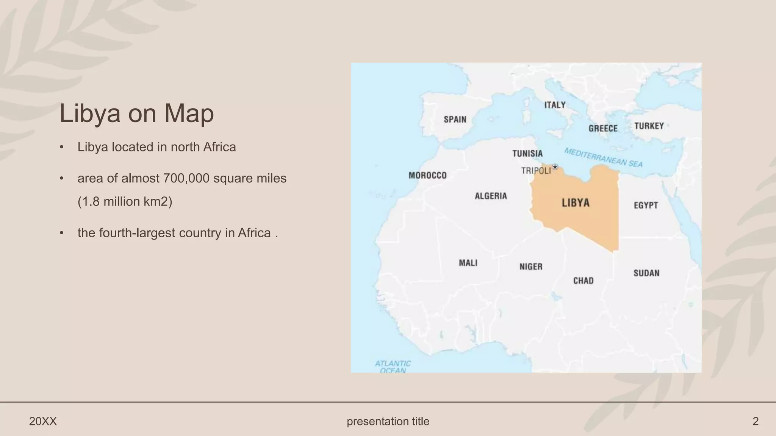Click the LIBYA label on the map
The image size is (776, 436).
[x=576, y=203]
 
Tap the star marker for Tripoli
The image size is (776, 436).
[x=555, y=167]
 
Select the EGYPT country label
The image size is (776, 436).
[x=646, y=205]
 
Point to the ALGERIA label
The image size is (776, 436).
[x=491, y=196]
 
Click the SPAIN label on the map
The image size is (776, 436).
[x=455, y=120]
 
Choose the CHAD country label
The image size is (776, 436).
[x=583, y=281]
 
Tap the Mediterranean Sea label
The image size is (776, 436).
[x=603, y=157]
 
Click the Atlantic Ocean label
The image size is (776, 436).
[x=393, y=367]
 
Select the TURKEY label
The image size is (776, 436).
[x=649, y=126]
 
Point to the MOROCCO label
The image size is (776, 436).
[x=427, y=176]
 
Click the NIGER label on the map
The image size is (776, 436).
[x=531, y=267]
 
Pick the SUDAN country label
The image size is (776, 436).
[x=646, y=273]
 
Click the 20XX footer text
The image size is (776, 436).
[x=43, y=421]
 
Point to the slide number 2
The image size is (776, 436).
[x=755, y=421]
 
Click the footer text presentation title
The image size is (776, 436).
[x=388, y=421]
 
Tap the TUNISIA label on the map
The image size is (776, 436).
[x=527, y=154]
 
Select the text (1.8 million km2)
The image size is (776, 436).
[x=125, y=202]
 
